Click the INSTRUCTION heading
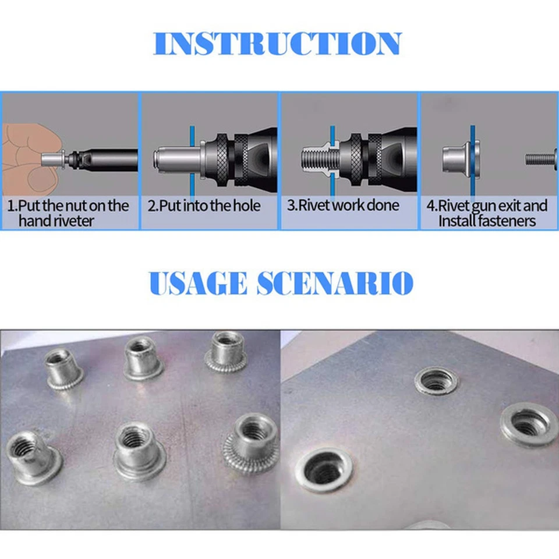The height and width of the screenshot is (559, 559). click(x=278, y=44)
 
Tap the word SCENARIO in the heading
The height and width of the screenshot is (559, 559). click(x=334, y=283)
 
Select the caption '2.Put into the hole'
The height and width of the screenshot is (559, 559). click(x=203, y=206)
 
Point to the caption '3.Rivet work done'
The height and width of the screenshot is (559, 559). click(x=343, y=206)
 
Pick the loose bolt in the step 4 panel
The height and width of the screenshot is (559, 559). click(x=542, y=158)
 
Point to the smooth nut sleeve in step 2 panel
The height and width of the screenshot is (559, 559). click(x=175, y=158)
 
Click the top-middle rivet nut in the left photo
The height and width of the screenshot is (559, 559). click(x=141, y=359)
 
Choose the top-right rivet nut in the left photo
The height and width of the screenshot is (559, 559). click(x=227, y=351)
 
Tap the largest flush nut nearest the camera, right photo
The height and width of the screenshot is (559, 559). click(x=324, y=469)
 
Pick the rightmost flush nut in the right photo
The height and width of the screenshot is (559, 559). click(x=529, y=424)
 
